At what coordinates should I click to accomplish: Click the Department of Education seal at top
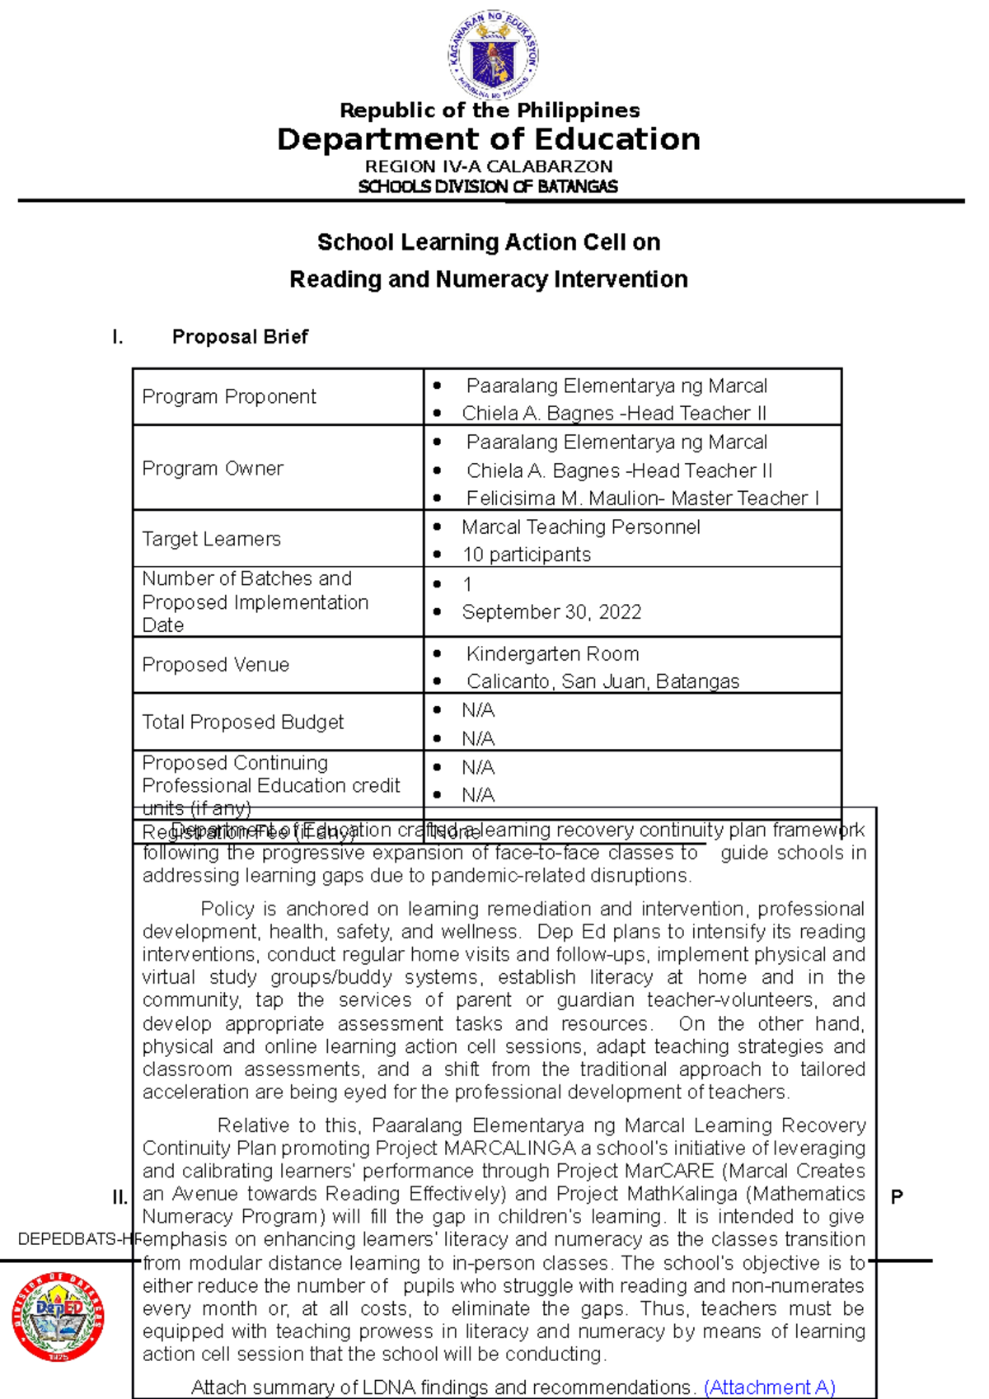click(x=493, y=56)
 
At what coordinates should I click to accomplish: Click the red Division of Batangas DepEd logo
click(x=58, y=1316)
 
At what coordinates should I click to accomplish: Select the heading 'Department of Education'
click(x=489, y=139)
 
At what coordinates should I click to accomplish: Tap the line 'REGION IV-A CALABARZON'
click(x=489, y=166)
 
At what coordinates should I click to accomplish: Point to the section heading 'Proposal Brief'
click(x=240, y=336)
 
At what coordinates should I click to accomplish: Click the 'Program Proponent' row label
click(x=229, y=396)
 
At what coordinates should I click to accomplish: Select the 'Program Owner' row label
click(x=213, y=468)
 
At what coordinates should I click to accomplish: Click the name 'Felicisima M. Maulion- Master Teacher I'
click(x=642, y=498)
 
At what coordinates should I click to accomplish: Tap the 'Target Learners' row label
click(x=212, y=539)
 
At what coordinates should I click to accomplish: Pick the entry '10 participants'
click(x=527, y=554)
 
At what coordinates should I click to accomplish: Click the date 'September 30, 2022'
click(x=551, y=612)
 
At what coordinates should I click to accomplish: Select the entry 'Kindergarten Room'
click(x=552, y=654)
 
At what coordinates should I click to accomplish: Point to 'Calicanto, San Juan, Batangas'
click(x=602, y=681)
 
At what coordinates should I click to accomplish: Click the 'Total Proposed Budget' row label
click(x=243, y=722)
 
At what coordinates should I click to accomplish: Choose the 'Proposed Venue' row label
click(x=216, y=665)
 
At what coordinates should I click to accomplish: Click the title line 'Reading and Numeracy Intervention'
click(x=489, y=279)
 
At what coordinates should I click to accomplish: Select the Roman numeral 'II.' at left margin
click(x=120, y=1197)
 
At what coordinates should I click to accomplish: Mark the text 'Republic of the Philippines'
click(x=490, y=110)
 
